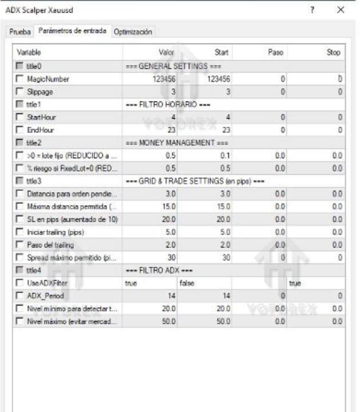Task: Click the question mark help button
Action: [x=312, y=10]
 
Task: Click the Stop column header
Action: [x=333, y=52]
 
